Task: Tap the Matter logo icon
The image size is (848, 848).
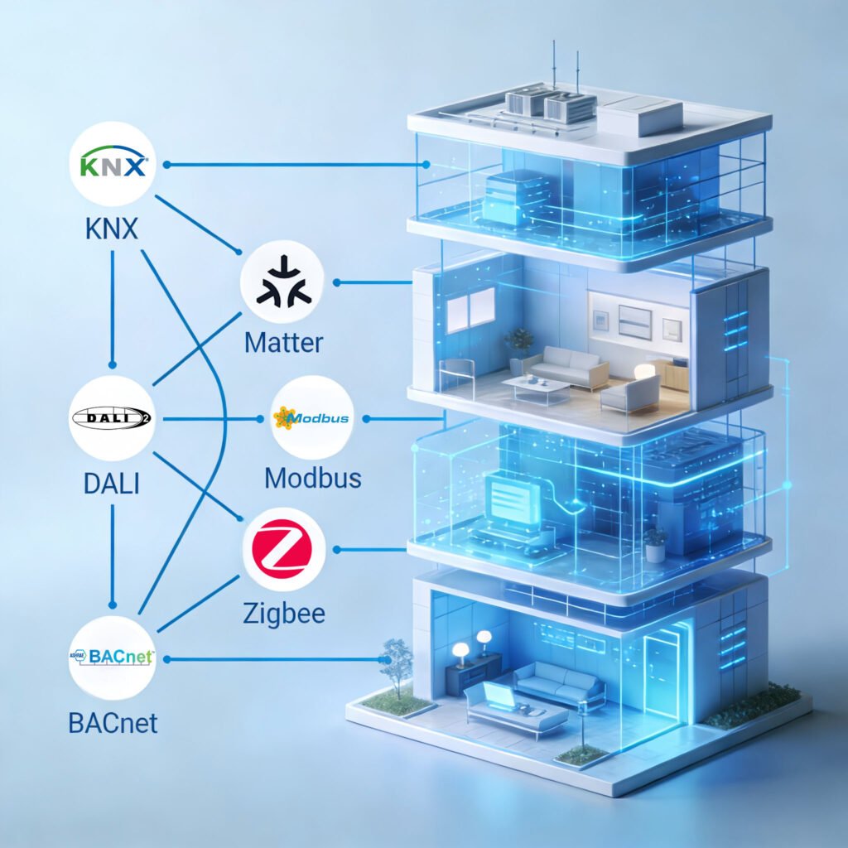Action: [x=282, y=283]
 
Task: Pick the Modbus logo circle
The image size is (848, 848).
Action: [x=312, y=418]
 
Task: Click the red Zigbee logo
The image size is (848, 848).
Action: [x=283, y=549]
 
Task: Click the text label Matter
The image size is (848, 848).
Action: [x=283, y=341]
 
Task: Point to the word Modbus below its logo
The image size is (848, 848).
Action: [x=312, y=478]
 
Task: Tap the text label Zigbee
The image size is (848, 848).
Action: [x=283, y=613]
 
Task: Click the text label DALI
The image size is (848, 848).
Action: [x=112, y=483]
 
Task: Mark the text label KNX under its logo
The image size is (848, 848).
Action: [x=111, y=229]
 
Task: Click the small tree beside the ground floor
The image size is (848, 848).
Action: [x=396, y=662]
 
